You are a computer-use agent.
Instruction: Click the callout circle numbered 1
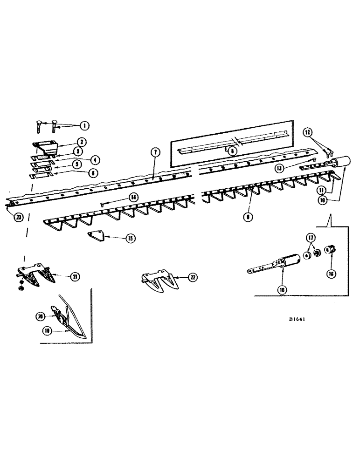point(85,125)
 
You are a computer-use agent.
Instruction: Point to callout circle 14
point(134,198)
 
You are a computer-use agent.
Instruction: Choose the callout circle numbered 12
point(307,132)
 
